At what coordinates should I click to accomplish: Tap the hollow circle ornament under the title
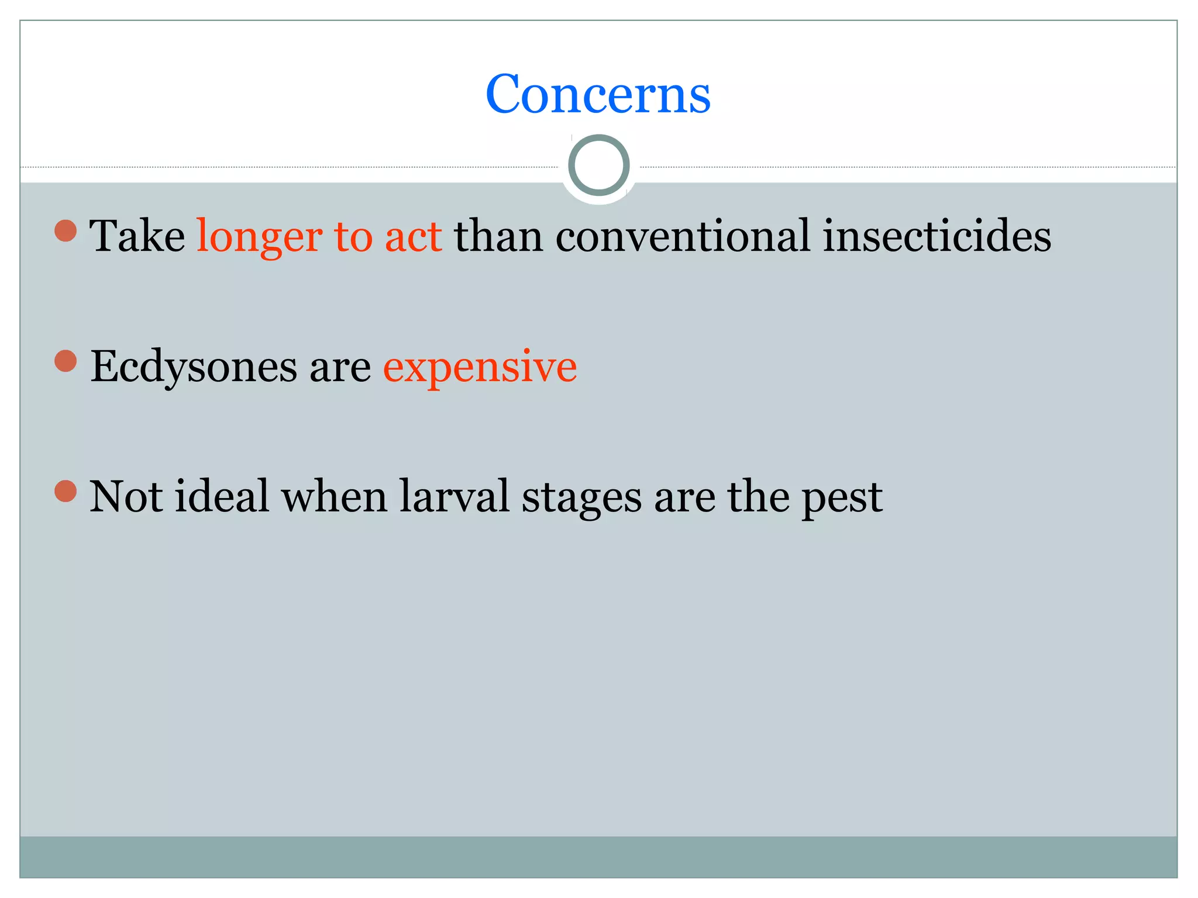point(598,165)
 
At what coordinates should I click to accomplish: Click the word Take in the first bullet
point(137,236)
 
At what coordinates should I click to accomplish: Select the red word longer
point(259,237)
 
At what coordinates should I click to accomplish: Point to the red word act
point(413,237)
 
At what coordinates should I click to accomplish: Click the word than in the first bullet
point(498,236)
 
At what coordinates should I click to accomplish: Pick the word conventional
point(683,236)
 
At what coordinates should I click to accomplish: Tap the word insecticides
point(937,236)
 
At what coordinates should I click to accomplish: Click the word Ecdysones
point(194,367)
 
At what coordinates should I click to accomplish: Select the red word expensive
point(480,367)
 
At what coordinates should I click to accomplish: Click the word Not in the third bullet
point(126,496)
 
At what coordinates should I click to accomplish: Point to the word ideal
point(222,496)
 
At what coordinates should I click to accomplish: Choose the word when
point(335,496)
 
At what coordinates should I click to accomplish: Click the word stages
point(581,498)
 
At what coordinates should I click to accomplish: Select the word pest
point(842,498)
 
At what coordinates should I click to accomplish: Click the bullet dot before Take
point(66,230)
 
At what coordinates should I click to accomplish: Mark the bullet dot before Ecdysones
point(66,361)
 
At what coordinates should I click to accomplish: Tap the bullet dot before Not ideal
point(66,491)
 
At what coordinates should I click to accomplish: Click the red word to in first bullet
point(353,237)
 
